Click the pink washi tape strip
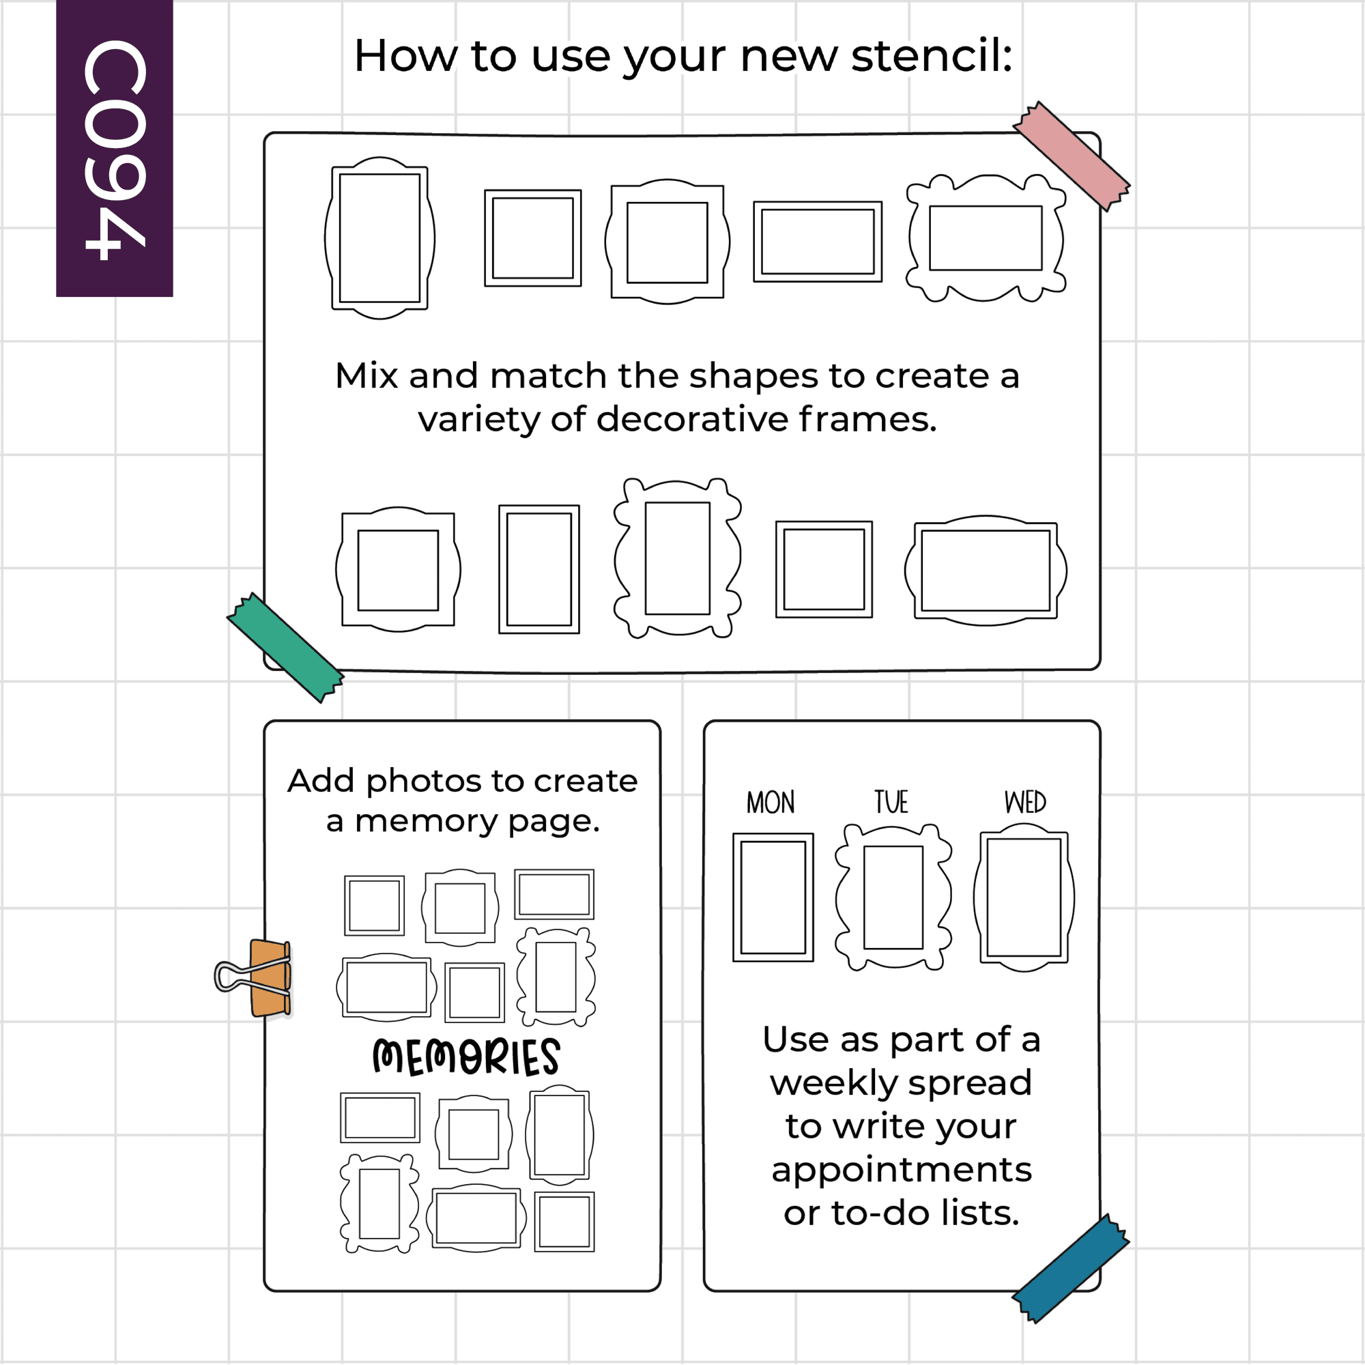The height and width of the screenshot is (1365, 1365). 1071,156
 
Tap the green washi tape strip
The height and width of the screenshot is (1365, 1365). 285,647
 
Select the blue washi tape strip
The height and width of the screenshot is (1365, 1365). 1071,1269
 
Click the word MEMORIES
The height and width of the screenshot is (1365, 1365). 466,1057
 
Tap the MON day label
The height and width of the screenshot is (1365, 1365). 771,803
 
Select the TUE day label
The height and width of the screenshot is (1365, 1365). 891,802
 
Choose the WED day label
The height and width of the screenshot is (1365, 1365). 1025,802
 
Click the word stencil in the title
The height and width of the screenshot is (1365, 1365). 932,55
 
